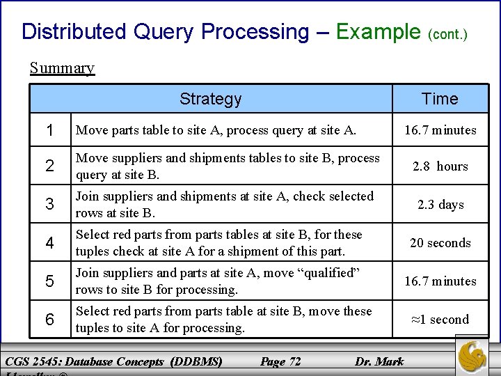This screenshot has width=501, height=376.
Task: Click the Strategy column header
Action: pos(210,99)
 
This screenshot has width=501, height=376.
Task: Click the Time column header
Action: pos(440,99)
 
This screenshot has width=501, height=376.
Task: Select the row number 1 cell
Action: pos(49,130)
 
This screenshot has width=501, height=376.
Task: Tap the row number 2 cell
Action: pos(49,166)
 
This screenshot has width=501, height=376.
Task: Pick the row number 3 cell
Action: pos(49,205)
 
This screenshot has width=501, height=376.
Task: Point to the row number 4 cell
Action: pos(49,243)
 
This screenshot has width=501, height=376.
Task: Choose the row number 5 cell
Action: pos(49,281)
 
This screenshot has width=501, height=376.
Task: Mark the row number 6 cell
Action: pos(49,320)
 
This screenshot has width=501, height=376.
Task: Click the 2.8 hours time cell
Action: pos(440,166)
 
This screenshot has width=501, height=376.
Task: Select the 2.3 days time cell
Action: pos(440,205)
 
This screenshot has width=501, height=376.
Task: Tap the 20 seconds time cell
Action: pos(440,243)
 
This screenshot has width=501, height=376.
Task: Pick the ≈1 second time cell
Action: pos(440,320)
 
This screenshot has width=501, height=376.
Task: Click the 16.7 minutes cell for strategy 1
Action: pos(440,130)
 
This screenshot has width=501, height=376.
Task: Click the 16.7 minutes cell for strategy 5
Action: pos(440,281)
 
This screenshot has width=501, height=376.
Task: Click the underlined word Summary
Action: pos(62,68)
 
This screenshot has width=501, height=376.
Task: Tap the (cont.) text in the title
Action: pos(447,33)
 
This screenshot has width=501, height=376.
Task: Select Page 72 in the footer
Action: pos(280,361)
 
